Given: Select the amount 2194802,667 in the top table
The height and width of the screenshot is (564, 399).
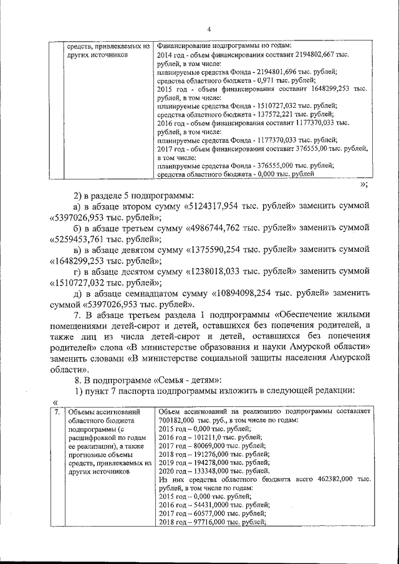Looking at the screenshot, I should click(x=315, y=55).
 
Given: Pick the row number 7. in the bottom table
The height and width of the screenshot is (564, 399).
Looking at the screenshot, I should click(x=56, y=412).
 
